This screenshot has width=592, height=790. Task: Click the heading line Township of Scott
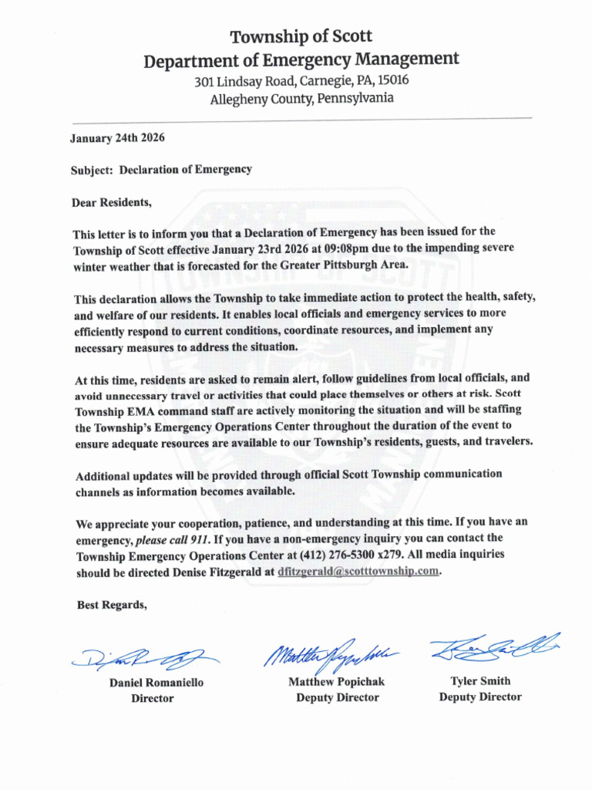pyautogui.click(x=301, y=36)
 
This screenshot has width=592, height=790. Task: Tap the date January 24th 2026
pyautogui.click(x=117, y=139)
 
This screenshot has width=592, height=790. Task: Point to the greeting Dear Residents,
pyautogui.click(x=112, y=204)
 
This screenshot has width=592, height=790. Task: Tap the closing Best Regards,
pyautogui.click(x=112, y=606)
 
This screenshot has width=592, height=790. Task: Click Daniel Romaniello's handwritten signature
pyautogui.click(x=146, y=657)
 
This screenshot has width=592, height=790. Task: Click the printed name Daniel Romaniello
pyautogui.click(x=156, y=683)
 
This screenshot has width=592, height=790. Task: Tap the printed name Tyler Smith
pyautogui.click(x=480, y=681)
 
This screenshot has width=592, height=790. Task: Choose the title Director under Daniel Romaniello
pyautogui.click(x=152, y=699)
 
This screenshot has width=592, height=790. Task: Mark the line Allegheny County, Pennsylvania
pyautogui.click(x=301, y=99)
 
